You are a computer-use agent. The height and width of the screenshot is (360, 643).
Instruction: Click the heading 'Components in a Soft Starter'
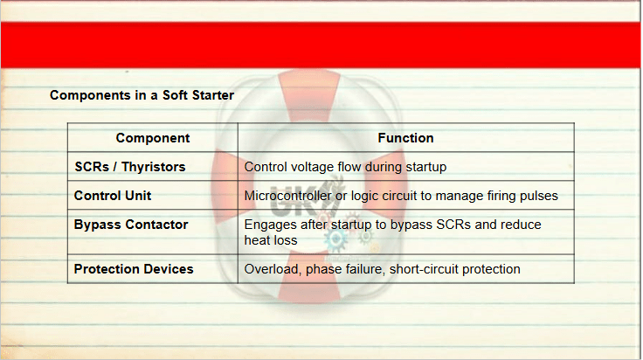coord(142,95)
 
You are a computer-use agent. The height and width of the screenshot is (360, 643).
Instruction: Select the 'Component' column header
coord(153,138)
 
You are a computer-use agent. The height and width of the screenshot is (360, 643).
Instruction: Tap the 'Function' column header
coord(405,138)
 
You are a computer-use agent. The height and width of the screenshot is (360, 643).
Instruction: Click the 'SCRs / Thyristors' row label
coord(130,167)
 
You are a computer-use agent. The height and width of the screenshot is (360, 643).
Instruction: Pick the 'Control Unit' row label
coord(113,196)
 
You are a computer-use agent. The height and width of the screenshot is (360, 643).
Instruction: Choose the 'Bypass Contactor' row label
coord(131,225)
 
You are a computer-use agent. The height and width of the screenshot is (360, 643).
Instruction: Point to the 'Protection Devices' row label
coord(134,269)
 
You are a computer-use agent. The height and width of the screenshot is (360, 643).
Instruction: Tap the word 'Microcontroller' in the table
coord(288,196)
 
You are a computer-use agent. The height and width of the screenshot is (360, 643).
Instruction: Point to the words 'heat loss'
coord(271,240)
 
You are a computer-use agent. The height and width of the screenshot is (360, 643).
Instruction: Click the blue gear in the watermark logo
coord(335,239)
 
